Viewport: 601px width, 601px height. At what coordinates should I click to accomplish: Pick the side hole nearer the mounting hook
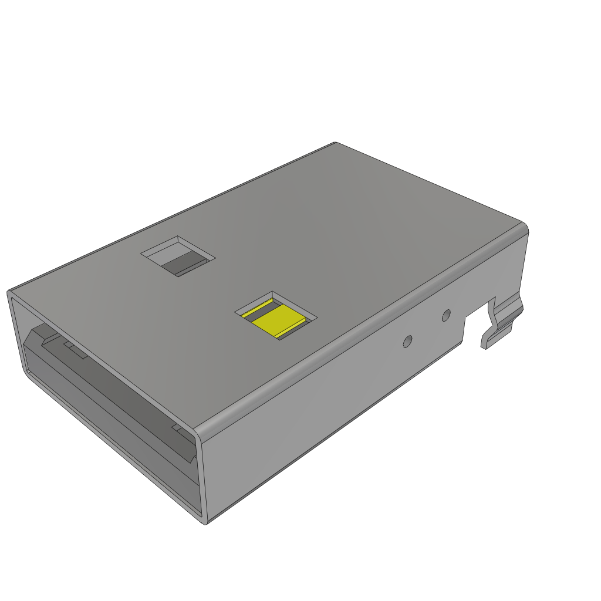(x=446, y=315)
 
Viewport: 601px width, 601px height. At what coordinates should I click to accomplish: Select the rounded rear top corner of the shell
(x=524, y=227)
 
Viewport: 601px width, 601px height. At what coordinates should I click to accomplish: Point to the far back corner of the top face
(x=335, y=143)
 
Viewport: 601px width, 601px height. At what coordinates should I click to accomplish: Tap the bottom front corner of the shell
(x=205, y=521)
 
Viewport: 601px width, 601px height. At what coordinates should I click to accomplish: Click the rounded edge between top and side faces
(x=364, y=329)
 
